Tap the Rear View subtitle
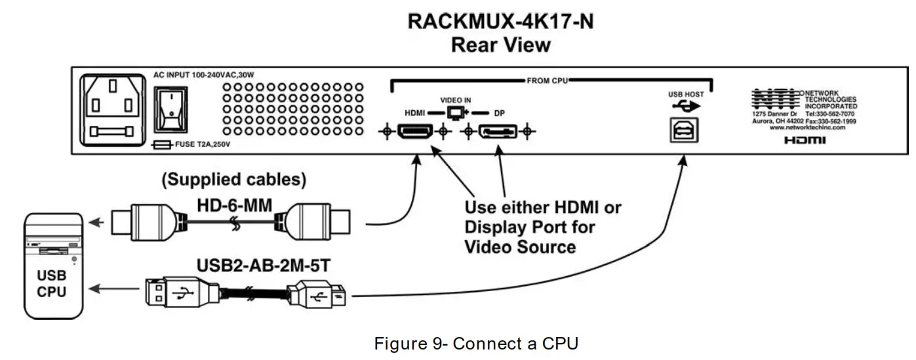coord(500,45)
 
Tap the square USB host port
coord(683,130)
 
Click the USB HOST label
coord(686,94)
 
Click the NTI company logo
coord(776,100)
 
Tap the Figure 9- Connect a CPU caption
coord(476,343)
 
